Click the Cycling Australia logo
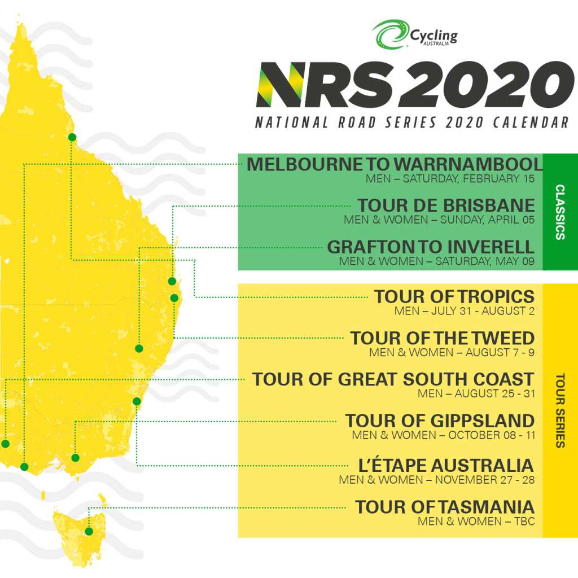pos(415,35)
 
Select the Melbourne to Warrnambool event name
pos(395,164)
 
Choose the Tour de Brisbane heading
pos(445,205)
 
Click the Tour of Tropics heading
pos(454,296)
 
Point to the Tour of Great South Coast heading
pos(393,379)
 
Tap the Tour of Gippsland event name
pos(440,421)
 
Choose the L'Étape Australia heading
pos(446,466)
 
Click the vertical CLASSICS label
pos(560,212)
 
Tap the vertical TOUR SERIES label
pos(560,410)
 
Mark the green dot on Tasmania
pos(89,531)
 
